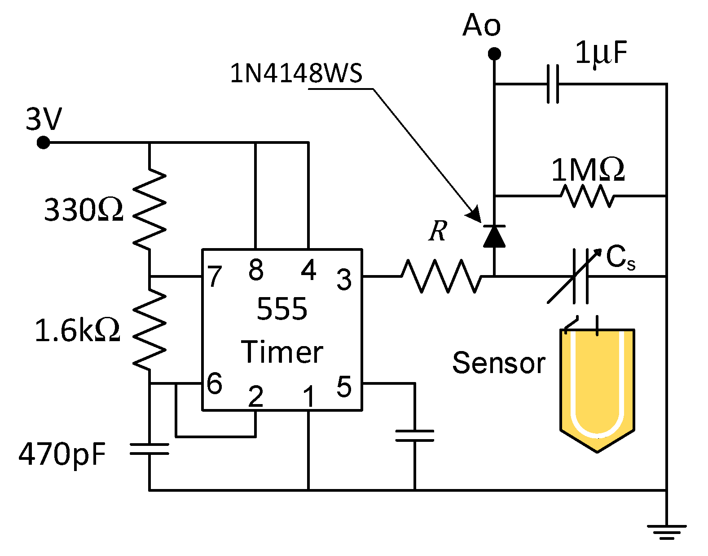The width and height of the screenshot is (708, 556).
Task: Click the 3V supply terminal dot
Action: pyautogui.click(x=43, y=143)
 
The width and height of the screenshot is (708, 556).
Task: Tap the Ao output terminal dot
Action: pyautogui.click(x=494, y=54)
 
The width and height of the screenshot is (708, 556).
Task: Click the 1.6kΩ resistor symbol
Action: pyautogui.click(x=150, y=329)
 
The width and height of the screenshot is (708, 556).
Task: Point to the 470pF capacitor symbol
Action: pyautogui.click(x=150, y=449)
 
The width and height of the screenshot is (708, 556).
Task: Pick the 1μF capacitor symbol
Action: pyautogui.click(x=553, y=84)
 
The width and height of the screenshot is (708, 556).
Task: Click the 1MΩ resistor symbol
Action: pyautogui.click(x=587, y=196)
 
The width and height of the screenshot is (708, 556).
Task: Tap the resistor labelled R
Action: pyautogui.click(x=441, y=276)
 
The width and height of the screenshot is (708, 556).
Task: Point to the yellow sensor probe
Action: pyautogui.click(x=597, y=387)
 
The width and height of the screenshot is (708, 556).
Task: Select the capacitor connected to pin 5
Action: pyautogui.click(x=414, y=436)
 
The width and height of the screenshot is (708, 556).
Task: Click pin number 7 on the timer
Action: pyautogui.click(x=215, y=276)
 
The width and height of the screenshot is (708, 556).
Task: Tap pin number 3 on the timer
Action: pyautogui.click(x=344, y=279)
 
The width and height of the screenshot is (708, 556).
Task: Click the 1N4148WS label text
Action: pyautogui.click(x=296, y=73)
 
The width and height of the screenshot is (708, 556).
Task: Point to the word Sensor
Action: pyautogui.click(x=498, y=363)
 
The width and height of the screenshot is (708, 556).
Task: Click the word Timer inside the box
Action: pyautogui.click(x=282, y=352)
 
